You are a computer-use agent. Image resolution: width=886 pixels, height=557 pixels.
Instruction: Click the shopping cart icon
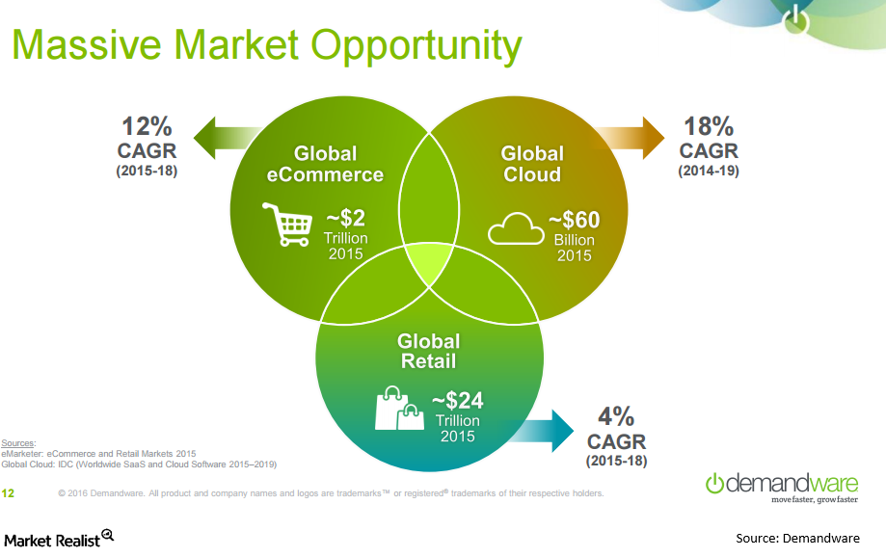[287, 225]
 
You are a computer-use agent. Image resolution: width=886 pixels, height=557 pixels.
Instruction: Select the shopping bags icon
[399, 408]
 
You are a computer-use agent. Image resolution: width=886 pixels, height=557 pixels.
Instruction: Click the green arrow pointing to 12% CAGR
[226, 138]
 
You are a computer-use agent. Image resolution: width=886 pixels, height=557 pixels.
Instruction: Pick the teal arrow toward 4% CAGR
[541, 431]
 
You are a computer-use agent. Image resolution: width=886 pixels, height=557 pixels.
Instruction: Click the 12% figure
[147, 126]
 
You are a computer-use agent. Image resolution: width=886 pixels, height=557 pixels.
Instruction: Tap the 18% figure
[709, 126]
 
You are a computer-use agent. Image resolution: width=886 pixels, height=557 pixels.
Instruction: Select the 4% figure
[616, 416]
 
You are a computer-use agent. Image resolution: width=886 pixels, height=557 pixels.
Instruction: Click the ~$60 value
[574, 219]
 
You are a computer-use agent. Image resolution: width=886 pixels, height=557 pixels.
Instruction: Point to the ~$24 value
[458, 401]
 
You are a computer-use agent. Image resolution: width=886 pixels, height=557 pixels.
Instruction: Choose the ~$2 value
[346, 218]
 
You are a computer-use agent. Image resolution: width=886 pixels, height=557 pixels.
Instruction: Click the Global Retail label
[428, 351]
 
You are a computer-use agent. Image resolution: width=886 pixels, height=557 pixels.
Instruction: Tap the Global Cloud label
[532, 164]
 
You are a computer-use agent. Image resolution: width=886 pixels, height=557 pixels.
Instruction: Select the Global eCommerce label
[325, 164]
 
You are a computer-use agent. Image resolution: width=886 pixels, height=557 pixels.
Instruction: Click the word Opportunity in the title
[416, 46]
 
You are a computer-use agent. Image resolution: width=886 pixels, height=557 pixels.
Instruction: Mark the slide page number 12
[8, 493]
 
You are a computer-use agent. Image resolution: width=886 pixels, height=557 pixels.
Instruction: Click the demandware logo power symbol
[714, 483]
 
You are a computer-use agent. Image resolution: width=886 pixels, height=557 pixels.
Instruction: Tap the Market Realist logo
[59, 539]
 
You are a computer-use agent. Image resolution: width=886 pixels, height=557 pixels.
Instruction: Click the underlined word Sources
[18, 443]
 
